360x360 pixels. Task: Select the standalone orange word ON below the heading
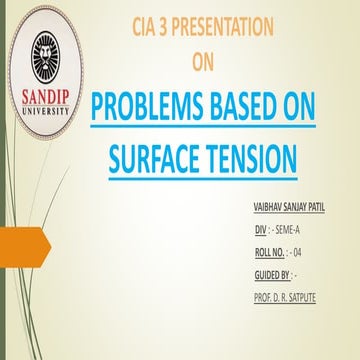pos(203,62)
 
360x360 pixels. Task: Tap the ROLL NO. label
pos(272,250)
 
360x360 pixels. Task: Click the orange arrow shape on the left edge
pos(18,241)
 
